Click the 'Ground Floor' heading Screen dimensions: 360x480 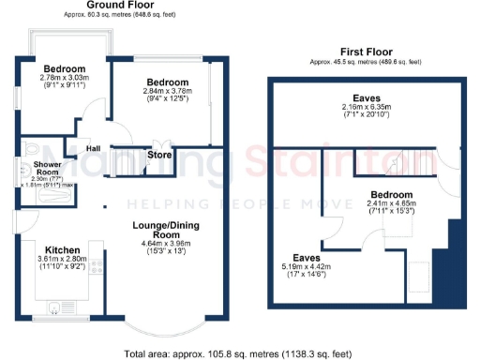tap(120, 5)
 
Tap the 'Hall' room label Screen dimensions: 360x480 tap(94, 148)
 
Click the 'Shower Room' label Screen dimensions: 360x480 tap(47, 169)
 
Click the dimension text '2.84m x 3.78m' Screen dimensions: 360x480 tap(167, 91)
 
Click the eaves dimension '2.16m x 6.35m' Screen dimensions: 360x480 tap(367, 108)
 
